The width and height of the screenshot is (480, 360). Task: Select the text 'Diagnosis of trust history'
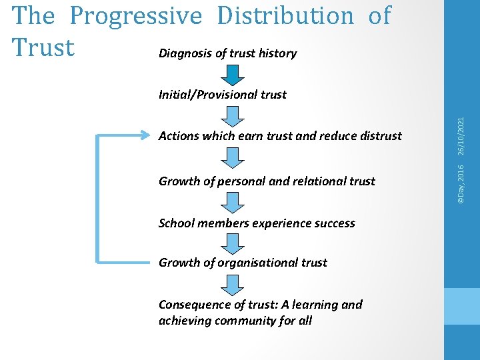(x=227, y=53)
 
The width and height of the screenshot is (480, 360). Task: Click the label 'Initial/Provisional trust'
(x=222, y=94)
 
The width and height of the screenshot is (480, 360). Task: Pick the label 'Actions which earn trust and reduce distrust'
(x=280, y=136)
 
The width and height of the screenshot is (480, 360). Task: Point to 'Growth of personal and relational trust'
(x=267, y=181)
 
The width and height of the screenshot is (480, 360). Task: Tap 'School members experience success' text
(x=257, y=223)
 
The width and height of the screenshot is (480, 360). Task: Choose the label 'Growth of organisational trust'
(x=243, y=263)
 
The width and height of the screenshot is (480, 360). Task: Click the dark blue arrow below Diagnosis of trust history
(x=233, y=75)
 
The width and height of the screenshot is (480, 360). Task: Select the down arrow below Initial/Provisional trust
(x=233, y=116)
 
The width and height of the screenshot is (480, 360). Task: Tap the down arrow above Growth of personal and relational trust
(x=233, y=158)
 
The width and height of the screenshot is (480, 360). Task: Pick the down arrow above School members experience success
(x=233, y=202)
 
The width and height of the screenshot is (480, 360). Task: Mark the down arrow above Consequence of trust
(x=233, y=285)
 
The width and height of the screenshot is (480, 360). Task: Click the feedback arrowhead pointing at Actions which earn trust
(x=148, y=135)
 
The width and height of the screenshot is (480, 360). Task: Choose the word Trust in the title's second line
(x=43, y=48)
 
